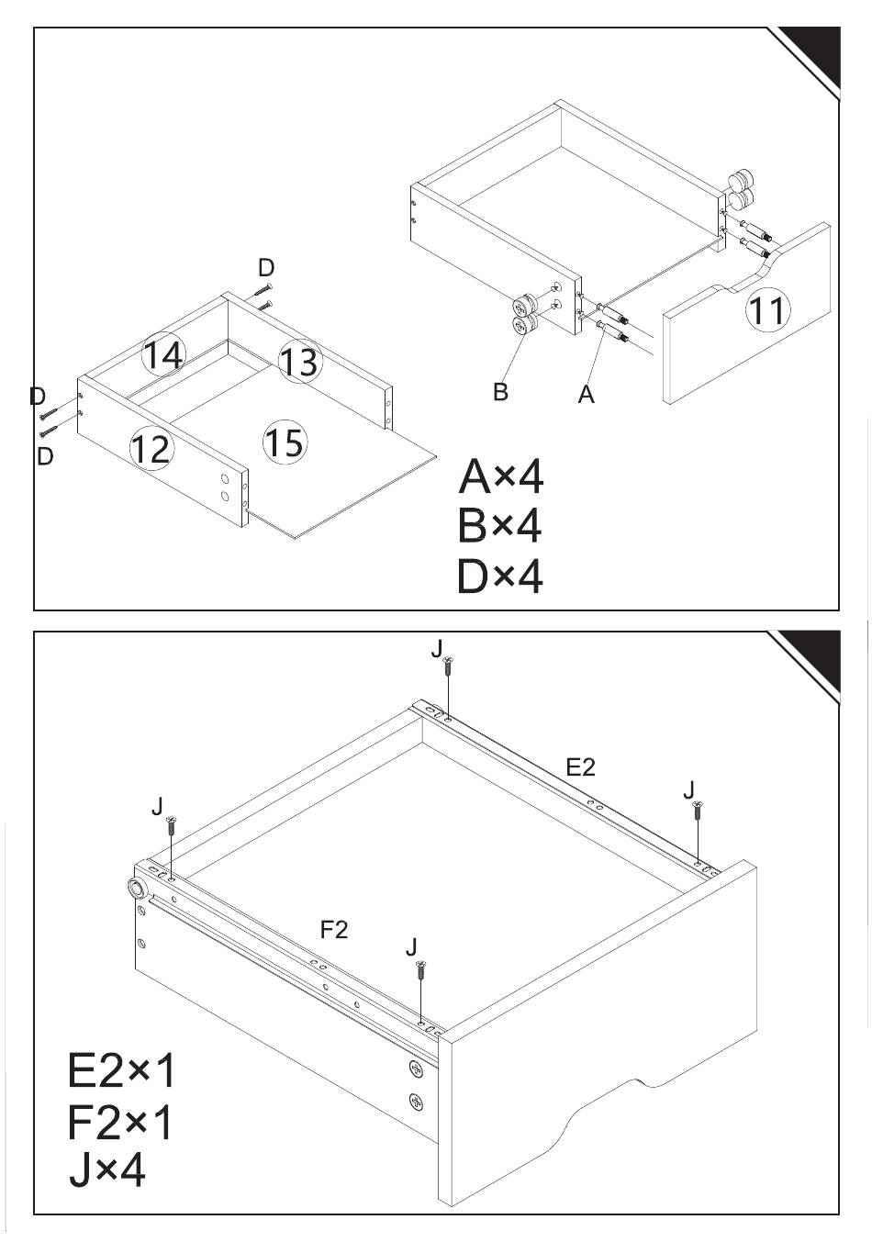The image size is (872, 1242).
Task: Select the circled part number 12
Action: click(x=151, y=448)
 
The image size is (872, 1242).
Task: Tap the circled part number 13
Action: click(x=300, y=361)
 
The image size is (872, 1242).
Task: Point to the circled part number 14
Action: click(x=163, y=354)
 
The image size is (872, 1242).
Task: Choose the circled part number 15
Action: click(x=285, y=442)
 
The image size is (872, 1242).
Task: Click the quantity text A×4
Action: click(x=500, y=476)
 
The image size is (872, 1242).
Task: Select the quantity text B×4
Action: click(x=499, y=526)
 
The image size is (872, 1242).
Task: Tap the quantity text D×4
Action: click(x=500, y=576)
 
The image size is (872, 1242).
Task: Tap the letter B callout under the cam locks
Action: click(x=500, y=391)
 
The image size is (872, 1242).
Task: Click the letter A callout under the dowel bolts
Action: click(x=586, y=394)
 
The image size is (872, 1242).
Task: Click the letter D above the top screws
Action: click(x=266, y=268)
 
